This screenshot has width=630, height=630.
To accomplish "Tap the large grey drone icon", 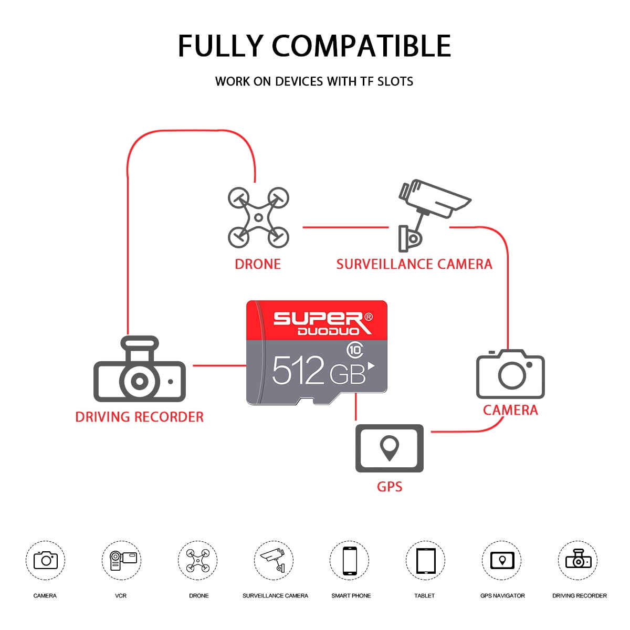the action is [258, 217].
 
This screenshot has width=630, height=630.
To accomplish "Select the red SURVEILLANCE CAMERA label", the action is [414, 264].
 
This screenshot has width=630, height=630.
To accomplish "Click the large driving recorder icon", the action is [140, 369].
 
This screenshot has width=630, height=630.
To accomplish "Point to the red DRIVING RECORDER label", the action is [140, 417].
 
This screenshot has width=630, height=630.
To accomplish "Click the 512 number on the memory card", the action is [298, 370].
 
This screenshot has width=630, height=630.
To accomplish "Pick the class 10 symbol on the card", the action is [355, 350].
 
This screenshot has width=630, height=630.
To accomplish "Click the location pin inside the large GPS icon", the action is [390, 448].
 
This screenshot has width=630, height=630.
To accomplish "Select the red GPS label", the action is [390, 487].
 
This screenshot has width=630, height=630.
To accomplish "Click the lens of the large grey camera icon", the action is [512, 375].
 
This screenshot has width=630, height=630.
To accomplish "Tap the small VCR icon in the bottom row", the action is [123, 560].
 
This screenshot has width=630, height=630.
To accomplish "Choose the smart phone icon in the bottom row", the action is [350, 561].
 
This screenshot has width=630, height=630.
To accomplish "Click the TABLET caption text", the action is [424, 596].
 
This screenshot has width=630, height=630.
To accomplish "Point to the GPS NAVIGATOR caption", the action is [502, 596].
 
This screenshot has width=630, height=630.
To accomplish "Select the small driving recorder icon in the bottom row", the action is [579, 559].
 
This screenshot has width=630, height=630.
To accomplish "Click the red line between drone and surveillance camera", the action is [345, 227].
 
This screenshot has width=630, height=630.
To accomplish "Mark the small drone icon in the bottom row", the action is [198, 560].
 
